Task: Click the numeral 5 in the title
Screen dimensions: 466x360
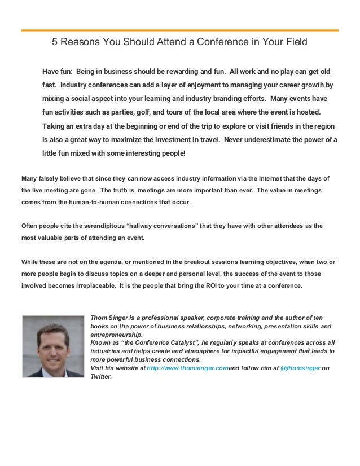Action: coord(55,42)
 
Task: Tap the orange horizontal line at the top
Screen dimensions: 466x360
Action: coord(180,29)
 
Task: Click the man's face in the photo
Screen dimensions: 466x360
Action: coord(53,343)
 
